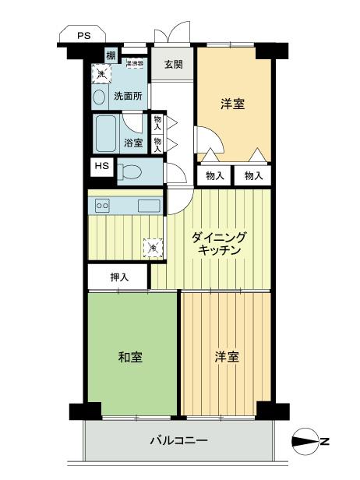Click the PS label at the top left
pos(83,35)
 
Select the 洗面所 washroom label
pos(128,97)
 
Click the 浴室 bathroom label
pos(133,143)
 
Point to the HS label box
pos(102,166)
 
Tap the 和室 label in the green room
pos(129,357)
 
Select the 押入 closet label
pos(118,276)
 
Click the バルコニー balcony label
pos(178,441)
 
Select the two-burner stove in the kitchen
pos(102,205)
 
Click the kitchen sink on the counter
pos(149,205)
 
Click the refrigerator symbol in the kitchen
pos(153,248)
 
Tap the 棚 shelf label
pos(111,55)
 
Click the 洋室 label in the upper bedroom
pos(233,102)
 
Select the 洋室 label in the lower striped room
pos(226,357)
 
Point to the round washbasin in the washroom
pos(99,97)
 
